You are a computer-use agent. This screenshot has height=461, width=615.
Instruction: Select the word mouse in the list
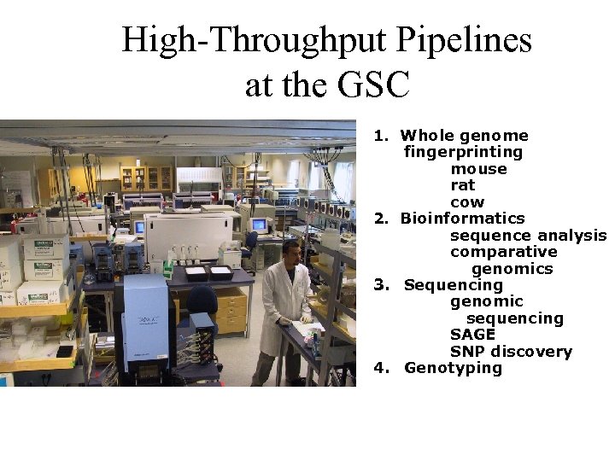pos(478,169)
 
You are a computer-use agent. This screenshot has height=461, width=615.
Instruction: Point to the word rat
pos(462,185)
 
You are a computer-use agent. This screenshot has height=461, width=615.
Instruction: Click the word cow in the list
pos(467,202)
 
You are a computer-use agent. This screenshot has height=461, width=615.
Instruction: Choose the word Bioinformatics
pos(462,219)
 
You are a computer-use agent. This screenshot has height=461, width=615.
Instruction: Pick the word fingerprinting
pos(463,153)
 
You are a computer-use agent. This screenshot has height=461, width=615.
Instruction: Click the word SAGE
pos(472,335)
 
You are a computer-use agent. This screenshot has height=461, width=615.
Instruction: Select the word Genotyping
pos(453,368)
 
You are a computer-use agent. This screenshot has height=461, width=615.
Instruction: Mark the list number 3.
pos(380,285)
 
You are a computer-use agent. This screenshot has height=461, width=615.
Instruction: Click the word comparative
pos(503,252)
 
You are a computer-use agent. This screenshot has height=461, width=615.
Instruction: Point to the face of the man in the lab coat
pos(291,253)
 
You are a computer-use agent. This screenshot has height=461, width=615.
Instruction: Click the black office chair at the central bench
pos(202,301)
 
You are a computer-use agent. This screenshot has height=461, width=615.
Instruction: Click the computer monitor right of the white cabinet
pos(259,225)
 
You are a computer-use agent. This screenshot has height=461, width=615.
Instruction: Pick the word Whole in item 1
pos(427,136)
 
